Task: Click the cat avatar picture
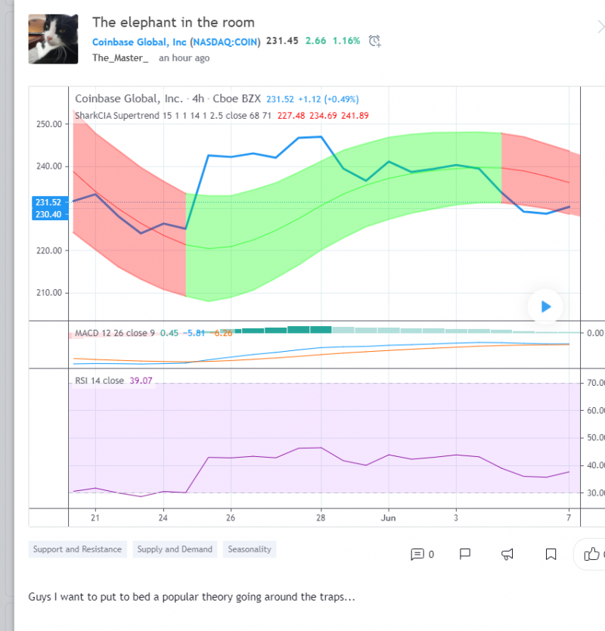(x=52, y=39)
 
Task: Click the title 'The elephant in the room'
(x=173, y=22)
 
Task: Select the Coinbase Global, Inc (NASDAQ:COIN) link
(x=176, y=41)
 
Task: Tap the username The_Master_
(x=120, y=58)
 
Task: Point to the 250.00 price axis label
(x=48, y=124)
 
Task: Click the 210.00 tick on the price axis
(x=48, y=293)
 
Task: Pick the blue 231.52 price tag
(x=47, y=202)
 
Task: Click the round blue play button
(x=545, y=306)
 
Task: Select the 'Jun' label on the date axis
(x=388, y=518)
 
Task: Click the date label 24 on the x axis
(x=163, y=518)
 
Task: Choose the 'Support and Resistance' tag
(x=77, y=549)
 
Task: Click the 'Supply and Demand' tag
(x=175, y=549)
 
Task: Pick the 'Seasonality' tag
(x=249, y=549)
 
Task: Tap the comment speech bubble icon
(x=417, y=555)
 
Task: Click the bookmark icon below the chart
(x=551, y=555)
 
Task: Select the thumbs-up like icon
(x=591, y=555)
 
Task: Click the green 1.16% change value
(x=345, y=41)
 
